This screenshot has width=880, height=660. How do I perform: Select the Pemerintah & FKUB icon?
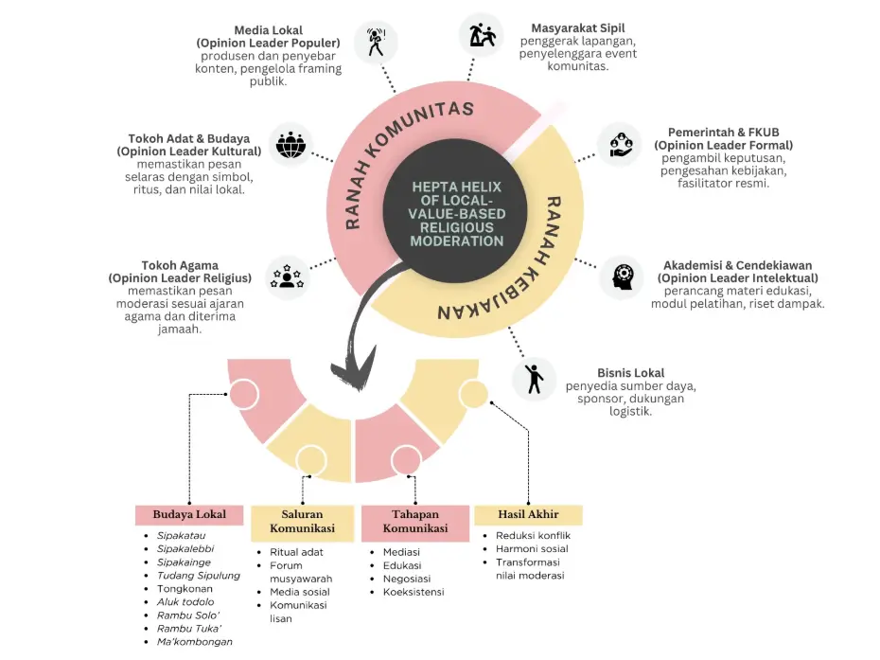tap(620, 144)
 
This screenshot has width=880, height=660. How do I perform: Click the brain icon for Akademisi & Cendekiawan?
tap(622, 276)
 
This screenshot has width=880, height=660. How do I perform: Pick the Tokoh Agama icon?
tap(287, 277)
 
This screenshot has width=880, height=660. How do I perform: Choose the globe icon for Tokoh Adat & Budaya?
tap(290, 145)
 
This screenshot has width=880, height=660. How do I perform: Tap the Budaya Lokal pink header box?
tap(191, 514)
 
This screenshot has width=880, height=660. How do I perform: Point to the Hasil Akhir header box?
tap(528, 514)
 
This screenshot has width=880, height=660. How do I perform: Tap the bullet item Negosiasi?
tap(408, 579)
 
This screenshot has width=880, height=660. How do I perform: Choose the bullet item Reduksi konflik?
tap(533, 535)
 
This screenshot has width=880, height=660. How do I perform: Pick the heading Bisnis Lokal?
tap(630, 373)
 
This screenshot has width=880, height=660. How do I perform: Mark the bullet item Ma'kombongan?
tap(194, 641)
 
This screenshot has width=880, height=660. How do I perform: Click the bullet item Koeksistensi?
tap(414, 592)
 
